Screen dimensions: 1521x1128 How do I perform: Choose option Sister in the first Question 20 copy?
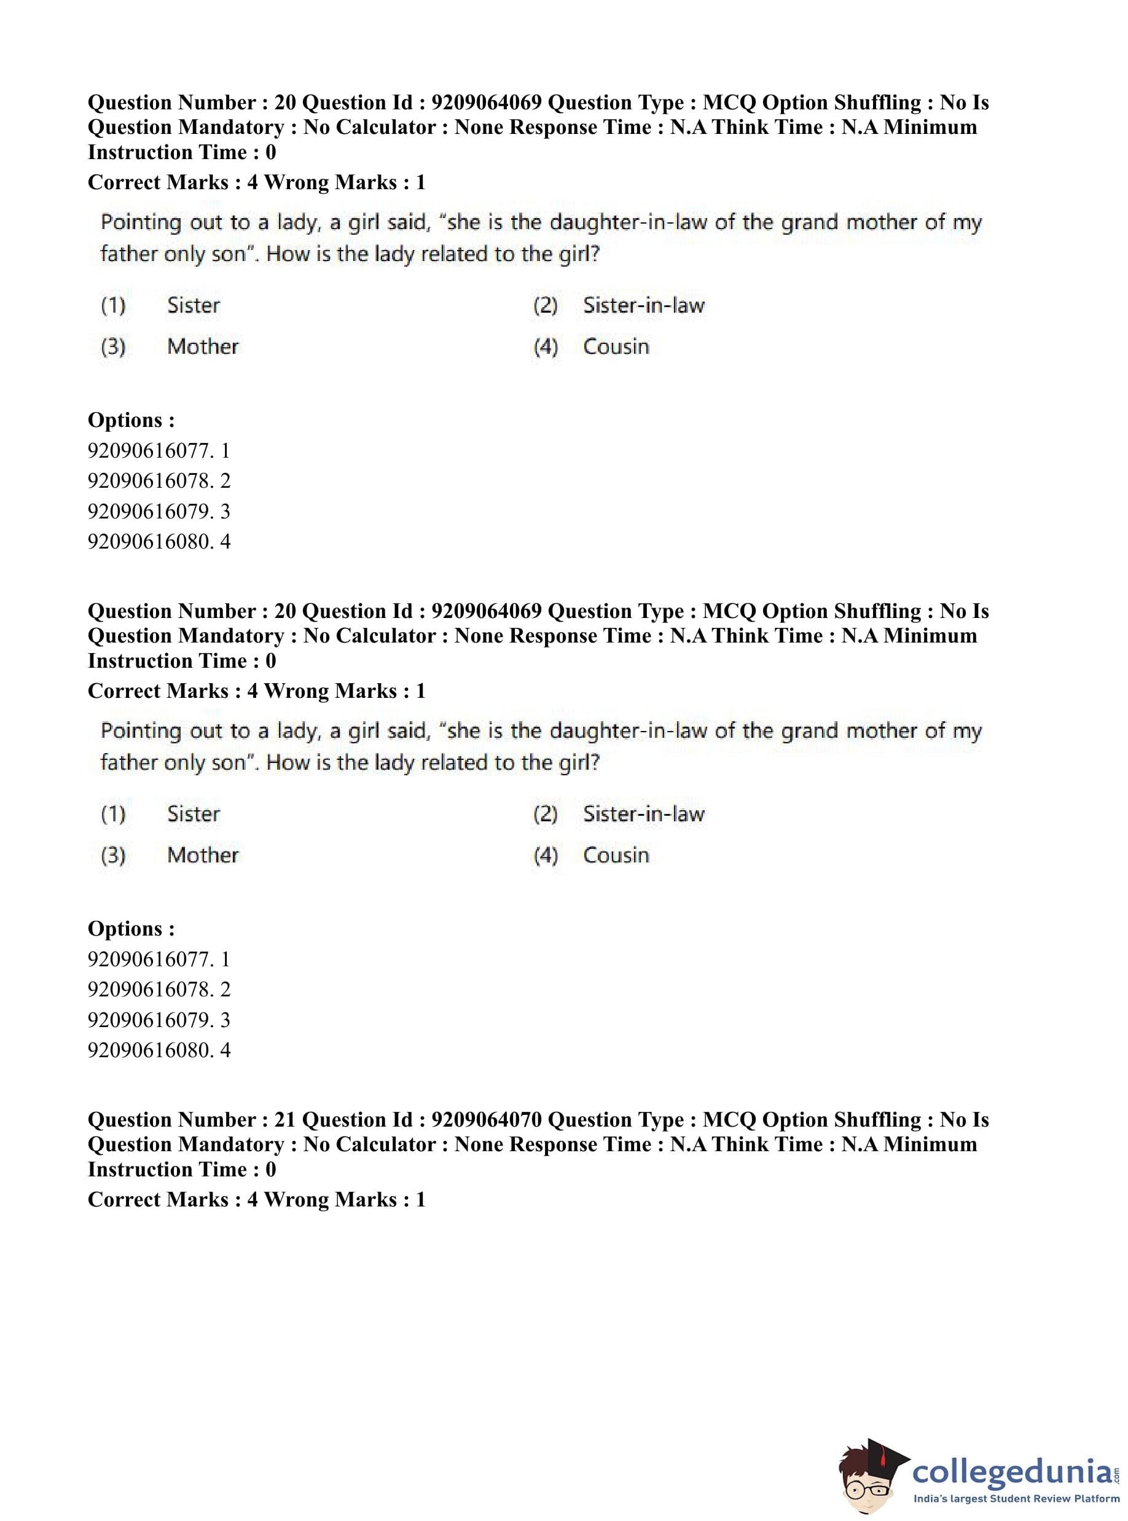[x=194, y=305]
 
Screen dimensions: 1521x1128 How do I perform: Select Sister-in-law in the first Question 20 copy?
[x=643, y=305]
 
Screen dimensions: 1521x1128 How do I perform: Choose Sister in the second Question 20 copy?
[x=194, y=814]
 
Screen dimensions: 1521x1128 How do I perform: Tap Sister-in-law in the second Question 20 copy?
[x=643, y=814]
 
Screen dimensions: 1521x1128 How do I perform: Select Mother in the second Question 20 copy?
[x=203, y=854]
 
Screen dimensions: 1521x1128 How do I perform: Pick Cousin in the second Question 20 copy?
[x=616, y=854]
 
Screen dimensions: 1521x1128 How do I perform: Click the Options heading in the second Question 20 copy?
[x=131, y=928]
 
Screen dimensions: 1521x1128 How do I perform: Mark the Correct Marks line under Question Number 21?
[x=256, y=1200]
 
